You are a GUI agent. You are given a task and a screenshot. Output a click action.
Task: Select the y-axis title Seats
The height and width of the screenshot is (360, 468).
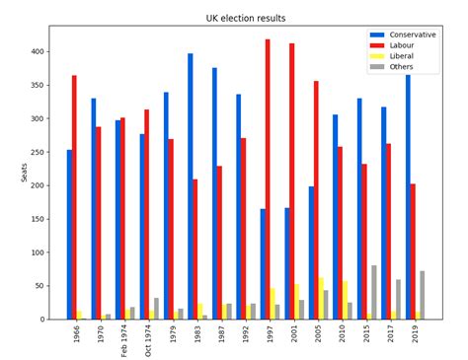(25, 173)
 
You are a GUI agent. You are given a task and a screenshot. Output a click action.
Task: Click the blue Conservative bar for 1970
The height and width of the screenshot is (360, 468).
(94, 208)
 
